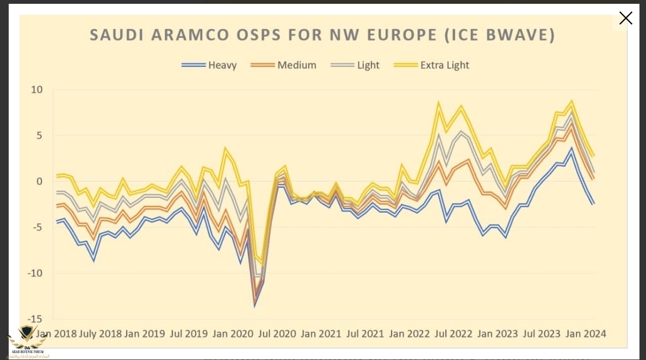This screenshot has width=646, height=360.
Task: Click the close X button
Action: coord(626,18)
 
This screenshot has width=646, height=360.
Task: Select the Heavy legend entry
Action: coord(209,65)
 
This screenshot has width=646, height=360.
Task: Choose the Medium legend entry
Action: coord(283,65)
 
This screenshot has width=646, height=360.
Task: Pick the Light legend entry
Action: coord(357,65)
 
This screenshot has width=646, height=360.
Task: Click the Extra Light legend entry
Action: coord(431,65)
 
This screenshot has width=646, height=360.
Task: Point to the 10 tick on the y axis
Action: coord(37,89)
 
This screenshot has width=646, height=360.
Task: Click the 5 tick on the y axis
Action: coord(40,135)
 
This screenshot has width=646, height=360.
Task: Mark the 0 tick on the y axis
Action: coord(40,181)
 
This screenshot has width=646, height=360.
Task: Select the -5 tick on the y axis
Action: coord(37,227)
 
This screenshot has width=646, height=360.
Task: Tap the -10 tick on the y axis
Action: coord(35,273)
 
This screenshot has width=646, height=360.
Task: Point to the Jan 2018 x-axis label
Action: coord(55,333)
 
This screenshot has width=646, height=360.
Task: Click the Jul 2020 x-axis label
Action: coord(277,333)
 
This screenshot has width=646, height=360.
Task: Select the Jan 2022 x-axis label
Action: coord(411,333)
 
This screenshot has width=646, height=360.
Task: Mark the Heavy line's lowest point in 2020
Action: coord(254,306)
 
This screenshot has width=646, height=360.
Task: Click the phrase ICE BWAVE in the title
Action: coord(503,35)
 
